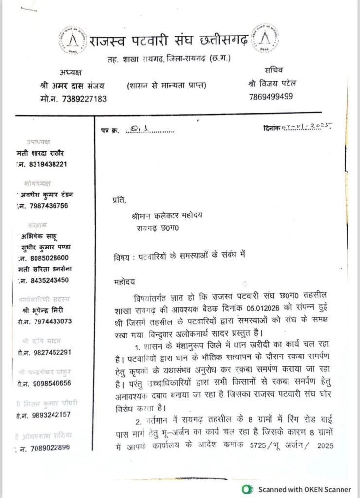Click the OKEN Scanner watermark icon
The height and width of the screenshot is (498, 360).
248,489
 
